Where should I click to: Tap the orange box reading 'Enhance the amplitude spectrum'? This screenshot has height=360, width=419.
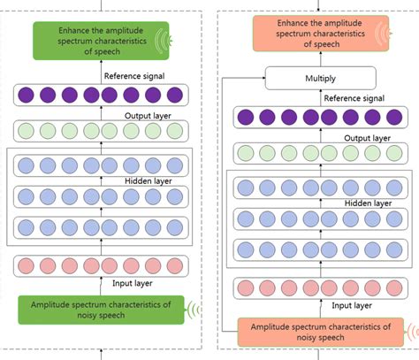tap(315, 34)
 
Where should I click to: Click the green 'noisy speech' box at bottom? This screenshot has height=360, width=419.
tap(100, 310)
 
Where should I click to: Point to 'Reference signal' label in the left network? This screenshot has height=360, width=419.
tap(134, 76)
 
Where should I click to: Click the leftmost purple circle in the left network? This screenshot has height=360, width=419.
tap(28, 95)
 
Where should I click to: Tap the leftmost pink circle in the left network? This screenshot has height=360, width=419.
tap(28, 266)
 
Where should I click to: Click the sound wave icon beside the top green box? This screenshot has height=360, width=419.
tap(164, 39)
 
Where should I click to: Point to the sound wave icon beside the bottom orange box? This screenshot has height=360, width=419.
tap(408, 332)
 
